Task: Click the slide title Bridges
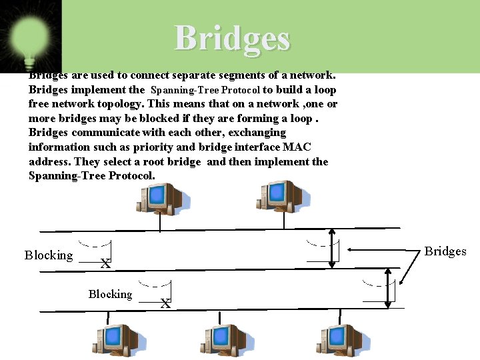(233, 38)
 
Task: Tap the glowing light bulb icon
(28, 37)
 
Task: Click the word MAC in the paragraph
(297, 147)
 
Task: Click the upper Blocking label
(49, 255)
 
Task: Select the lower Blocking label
(110, 294)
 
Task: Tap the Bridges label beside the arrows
(445, 251)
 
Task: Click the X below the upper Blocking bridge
(105, 264)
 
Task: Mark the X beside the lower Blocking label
(165, 303)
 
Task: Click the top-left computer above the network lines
(160, 199)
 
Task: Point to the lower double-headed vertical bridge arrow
(389, 288)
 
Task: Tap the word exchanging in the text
(257, 133)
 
